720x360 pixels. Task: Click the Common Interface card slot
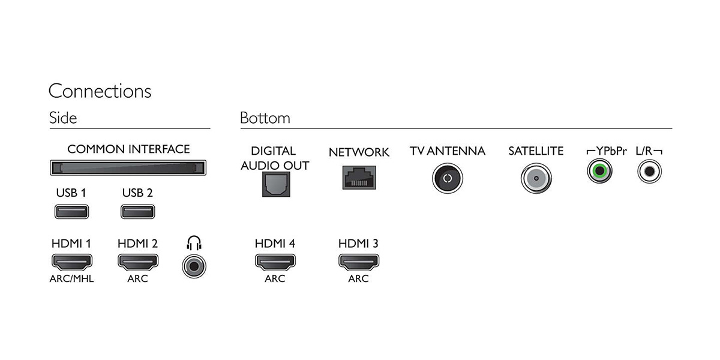[128, 167]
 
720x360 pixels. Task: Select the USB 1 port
[71, 211]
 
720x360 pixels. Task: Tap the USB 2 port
[138, 211]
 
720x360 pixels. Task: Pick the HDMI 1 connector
[72, 262]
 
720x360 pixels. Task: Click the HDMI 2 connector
[138, 262]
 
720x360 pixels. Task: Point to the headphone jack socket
[194, 266]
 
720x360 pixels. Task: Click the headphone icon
[194, 243]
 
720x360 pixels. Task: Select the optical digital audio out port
[276, 184]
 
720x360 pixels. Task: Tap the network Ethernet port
[359, 178]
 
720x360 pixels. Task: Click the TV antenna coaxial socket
[448, 178]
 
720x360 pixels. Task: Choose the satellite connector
[536, 178]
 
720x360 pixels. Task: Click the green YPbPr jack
[599, 171]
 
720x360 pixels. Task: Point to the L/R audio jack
[650, 171]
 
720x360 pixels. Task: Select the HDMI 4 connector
[275, 262]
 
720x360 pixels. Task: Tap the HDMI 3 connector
[359, 262]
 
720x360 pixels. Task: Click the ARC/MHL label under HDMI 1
[71, 278]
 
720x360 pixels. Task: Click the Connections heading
[100, 91]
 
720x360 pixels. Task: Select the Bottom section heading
[265, 118]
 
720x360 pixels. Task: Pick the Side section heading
[63, 118]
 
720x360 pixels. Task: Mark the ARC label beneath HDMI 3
[358, 278]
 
